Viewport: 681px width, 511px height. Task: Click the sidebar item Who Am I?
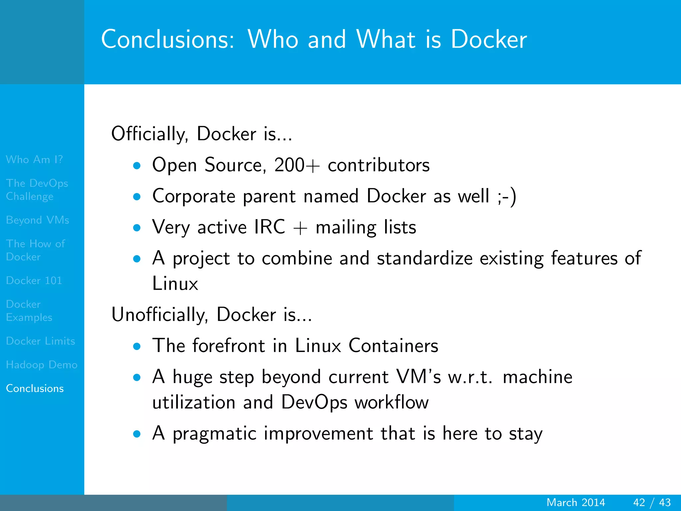pos(34,160)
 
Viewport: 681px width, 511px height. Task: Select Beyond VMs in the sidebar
pos(38,220)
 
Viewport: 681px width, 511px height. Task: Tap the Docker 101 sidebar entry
pos(34,281)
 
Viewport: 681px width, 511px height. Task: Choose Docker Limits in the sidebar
pos(41,341)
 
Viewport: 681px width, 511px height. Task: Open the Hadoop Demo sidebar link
pos(42,365)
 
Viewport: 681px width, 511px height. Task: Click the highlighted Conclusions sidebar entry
pos(35,389)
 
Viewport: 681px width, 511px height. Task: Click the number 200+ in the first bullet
pos(297,165)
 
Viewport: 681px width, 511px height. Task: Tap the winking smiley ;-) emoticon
pos(507,196)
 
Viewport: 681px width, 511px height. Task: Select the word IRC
pos(270,227)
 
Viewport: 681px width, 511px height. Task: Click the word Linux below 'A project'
pos(175,284)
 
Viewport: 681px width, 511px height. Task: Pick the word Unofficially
pos(160,315)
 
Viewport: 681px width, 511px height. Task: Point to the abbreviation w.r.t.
pos(470,377)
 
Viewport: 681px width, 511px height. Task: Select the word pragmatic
pos(214,433)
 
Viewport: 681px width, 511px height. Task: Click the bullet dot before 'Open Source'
pos(137,166)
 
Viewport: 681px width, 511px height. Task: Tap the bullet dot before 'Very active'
pos(137,228)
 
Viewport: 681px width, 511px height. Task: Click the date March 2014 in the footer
pos(576,502)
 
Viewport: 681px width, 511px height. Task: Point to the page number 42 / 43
pos(652,502)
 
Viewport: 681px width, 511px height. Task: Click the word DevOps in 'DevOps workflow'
pos(314,403)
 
